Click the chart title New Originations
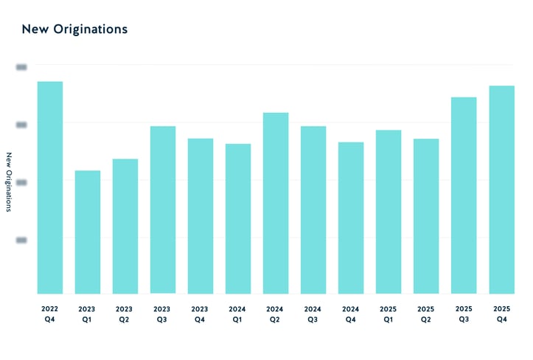(x=74, y=30)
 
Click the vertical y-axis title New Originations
(x=10, y=182)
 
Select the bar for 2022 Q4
(x=50, y=187)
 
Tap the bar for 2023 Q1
(x=88, y=232)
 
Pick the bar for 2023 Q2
(x=125, y=226)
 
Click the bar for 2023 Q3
(x=163, y=210)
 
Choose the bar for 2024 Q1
(x=238, y=219)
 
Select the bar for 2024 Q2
(x=276, y=204)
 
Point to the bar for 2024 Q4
(x=351, y=218)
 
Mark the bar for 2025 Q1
(x=389, y=212)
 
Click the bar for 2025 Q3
(x=464, y=195)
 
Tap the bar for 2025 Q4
(x=501, y=190)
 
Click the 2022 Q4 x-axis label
(x=50, y=314)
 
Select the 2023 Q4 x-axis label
(x=201, y=314)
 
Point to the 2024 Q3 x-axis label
(x=313, y=314)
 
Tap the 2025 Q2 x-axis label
(x=426, y=314)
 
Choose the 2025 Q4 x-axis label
(x=501, y=314)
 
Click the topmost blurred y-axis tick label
(x=21, y=66)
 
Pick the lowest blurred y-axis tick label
(x=21, y=239)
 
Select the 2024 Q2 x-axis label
(x=276, y=314)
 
